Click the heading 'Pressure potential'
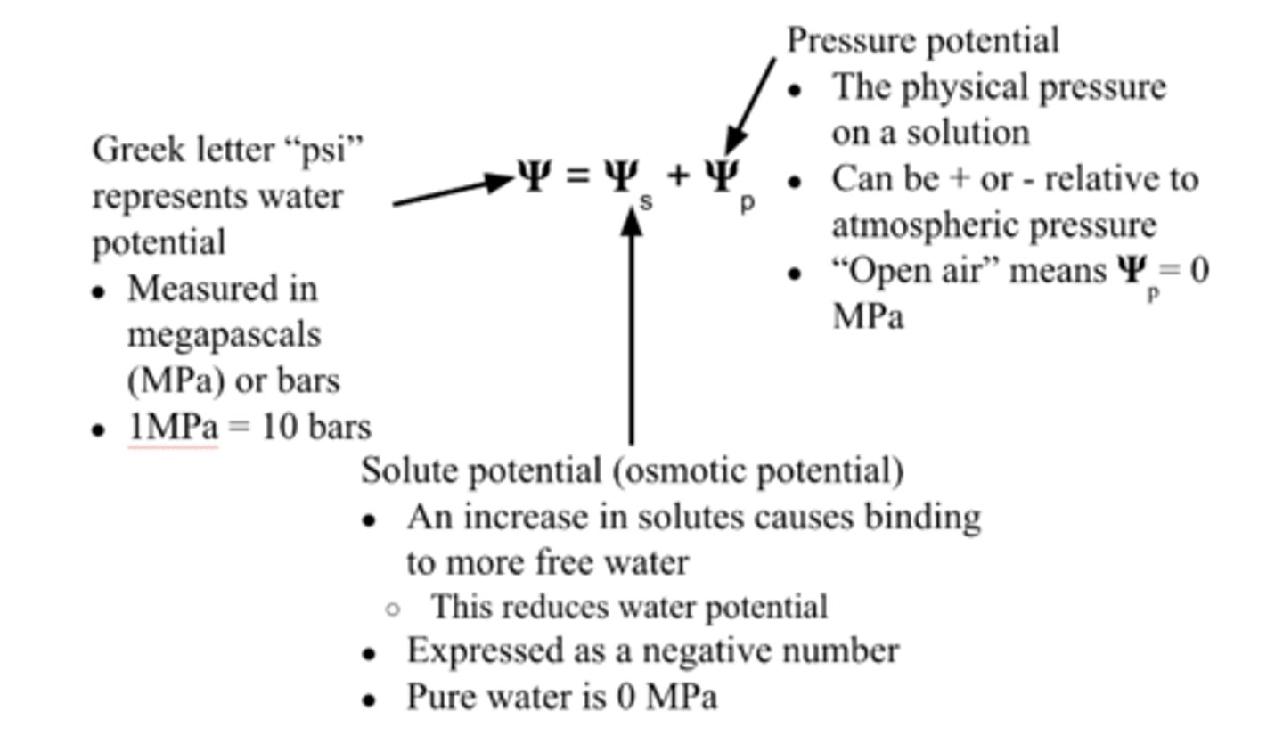923,40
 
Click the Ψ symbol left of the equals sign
535,176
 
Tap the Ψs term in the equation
627,182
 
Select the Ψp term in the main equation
729,182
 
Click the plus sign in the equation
678,176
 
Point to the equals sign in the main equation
577,177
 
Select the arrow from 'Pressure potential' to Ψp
750,105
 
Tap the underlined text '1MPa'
173,428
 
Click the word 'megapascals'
224,336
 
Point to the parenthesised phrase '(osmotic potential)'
758,470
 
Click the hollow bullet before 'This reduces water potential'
392,609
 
